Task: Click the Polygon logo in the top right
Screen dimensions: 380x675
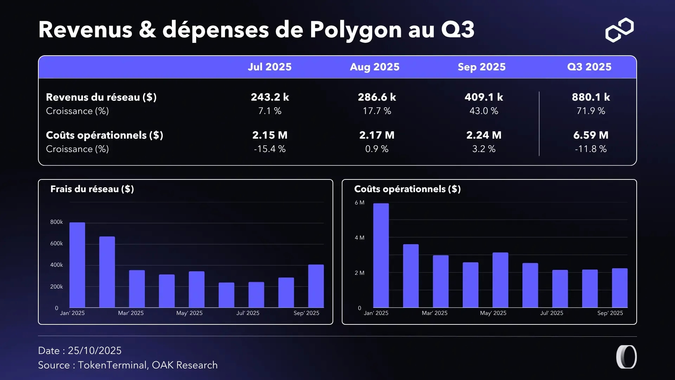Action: pyautogui.click(x=619, y=30)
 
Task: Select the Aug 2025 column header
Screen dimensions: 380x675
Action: pyautogui.click(x=374, y=67)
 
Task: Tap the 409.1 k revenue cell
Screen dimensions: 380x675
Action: pyautogui.click(x=484, y=97)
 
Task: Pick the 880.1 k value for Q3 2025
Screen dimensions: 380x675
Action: pyautogui.click(x=591, y=97)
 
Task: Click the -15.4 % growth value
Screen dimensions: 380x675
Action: pyautogui.click(x=270, y=149)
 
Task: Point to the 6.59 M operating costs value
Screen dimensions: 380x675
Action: pyautogui.click(x=591, y=135)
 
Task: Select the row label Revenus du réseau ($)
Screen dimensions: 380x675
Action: pyautogui.click(x=101, y=97)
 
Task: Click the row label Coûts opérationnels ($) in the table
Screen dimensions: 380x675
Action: pyautogui.click(x=104, y=135)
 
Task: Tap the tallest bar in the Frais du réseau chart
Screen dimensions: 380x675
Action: pyautogui.click(x=77, y=265)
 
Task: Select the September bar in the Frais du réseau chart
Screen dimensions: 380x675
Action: pyautogui.click(x=316, y=286)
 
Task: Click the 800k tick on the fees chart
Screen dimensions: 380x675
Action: pyautogui.click(x=56, y=222)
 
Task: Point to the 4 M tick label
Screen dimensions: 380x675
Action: pyautogui.click(x=359, y=238)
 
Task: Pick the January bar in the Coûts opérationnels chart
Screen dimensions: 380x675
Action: pyautogui.click(x=381, y=255)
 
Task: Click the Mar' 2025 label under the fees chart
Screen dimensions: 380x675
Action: pyautogui.click(x=131, y=313)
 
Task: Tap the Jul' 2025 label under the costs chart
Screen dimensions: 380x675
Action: pyautogui.click(x=552, y=313)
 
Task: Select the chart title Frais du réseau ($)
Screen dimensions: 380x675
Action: pyautogui.click(x=92, y=189)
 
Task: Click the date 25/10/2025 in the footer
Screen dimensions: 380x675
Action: pyautogui.click(x=95, y=350)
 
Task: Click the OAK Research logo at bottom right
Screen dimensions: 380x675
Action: pyautogui.click(x=626, y=357)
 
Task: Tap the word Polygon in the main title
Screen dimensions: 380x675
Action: pyautogui.click(x=355, y=30)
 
